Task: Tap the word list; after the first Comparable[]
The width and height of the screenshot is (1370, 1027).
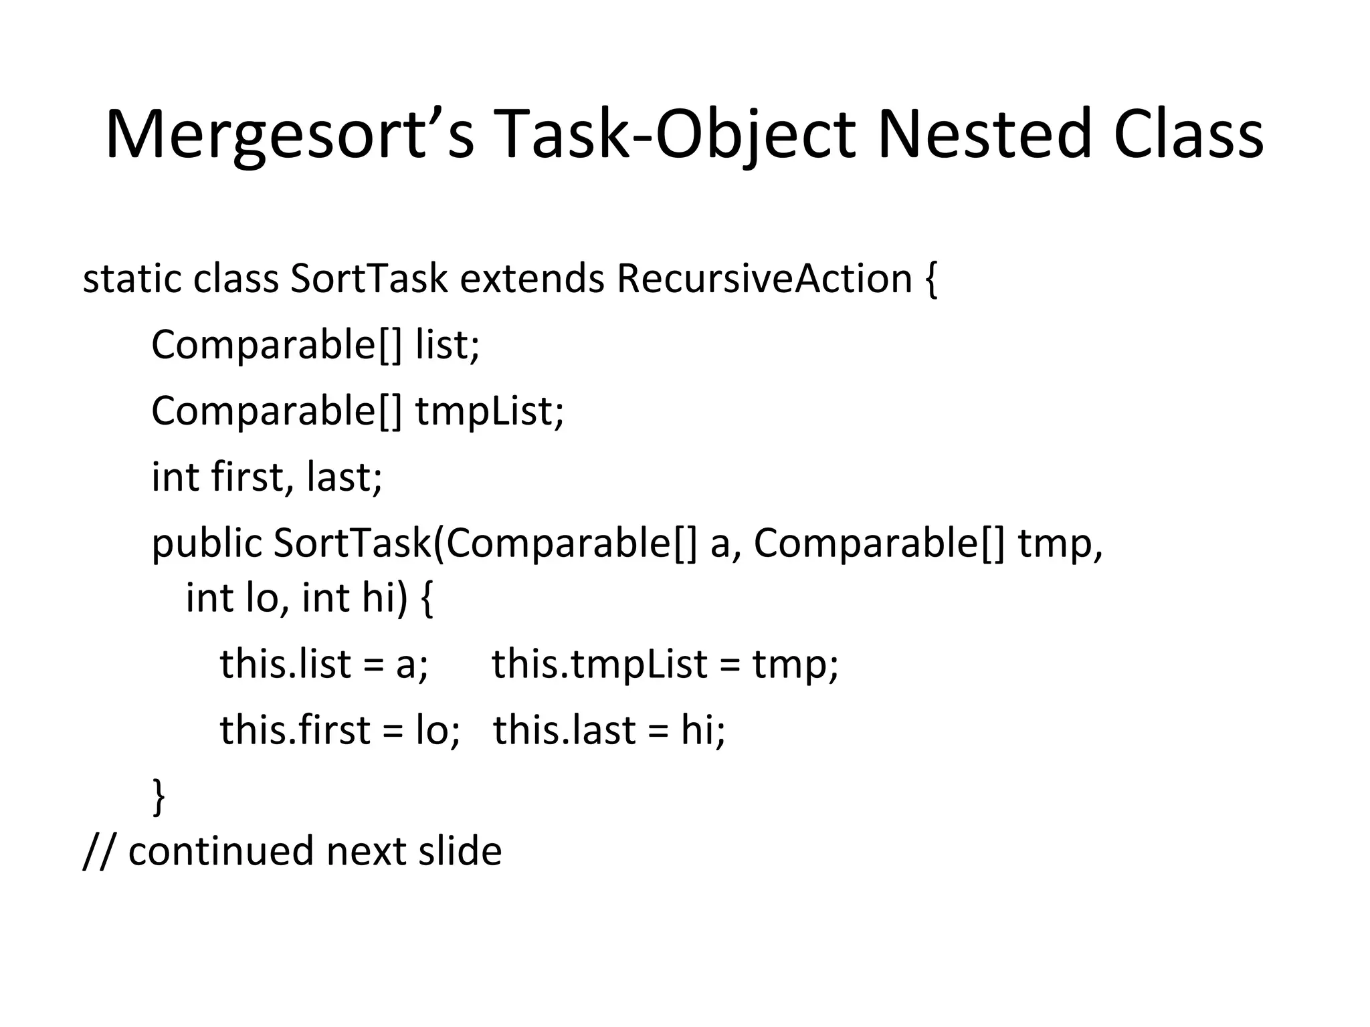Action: coord(448,345)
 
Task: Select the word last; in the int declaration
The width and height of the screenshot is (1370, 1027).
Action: coord(345,477)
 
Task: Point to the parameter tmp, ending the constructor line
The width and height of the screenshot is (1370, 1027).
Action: coord(1060,543)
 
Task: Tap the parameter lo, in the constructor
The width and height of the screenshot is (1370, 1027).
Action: coord(267,597)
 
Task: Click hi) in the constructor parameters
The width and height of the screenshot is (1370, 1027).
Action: coord(385,597)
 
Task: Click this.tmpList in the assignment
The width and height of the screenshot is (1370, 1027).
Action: coord(599,664)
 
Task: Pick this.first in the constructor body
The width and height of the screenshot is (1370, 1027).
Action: coord(295,729)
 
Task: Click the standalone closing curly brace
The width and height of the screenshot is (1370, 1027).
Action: coord(159,796)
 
